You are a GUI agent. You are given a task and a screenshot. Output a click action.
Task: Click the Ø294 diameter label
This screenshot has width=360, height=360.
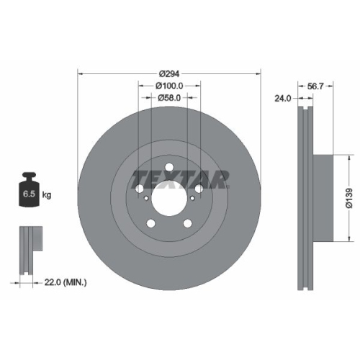pos(169,74)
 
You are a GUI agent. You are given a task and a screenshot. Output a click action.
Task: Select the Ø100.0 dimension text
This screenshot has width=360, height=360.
pos(169,86)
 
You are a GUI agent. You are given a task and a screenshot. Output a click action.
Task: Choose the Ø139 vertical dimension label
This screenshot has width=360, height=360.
pos(348,194)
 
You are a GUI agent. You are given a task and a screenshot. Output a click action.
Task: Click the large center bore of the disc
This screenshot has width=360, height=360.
pos(169,196)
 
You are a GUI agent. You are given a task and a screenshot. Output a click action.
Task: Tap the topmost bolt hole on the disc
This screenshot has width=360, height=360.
pos(169,169)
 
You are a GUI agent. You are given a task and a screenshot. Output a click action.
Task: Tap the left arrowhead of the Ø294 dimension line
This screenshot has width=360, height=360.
pos(79,73)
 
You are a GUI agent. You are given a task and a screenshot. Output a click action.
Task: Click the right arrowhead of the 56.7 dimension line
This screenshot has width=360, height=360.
pos(334,85)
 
